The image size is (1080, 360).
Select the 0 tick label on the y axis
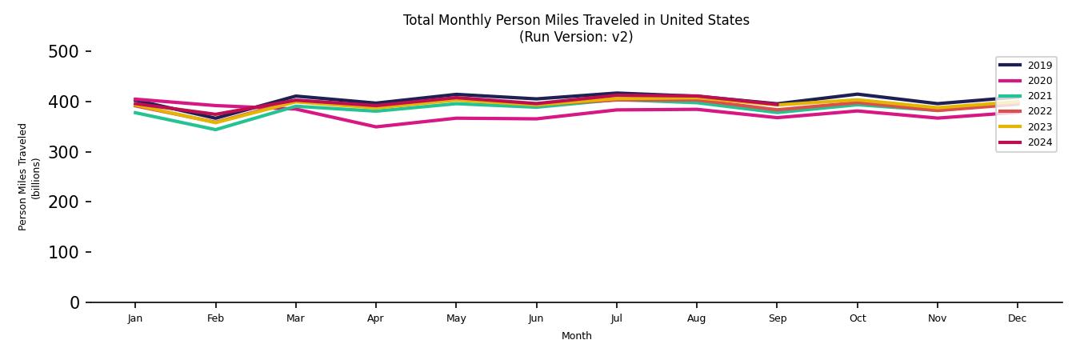tap(74, 302)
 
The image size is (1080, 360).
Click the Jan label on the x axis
tap(135, 318)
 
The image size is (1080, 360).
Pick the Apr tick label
tap(375, 318)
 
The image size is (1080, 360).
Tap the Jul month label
tap(616, 318)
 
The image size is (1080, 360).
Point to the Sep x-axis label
tap(777, 318)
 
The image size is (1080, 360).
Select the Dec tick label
tap(1017, 318)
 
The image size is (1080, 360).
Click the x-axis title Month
tap(576, 336)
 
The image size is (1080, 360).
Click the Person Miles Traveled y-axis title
tap(23, 177)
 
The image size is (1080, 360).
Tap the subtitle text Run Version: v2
tap(576, 37)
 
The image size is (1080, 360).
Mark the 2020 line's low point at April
tap(375, 126)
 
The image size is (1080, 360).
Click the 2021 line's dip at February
tap(215, 130)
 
